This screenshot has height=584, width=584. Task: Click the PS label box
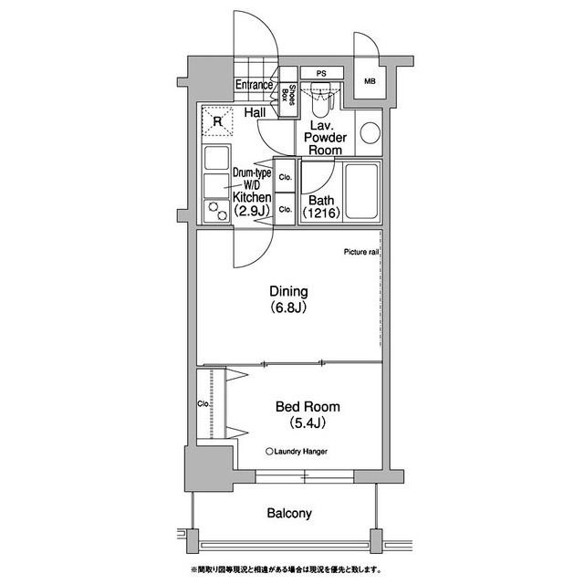[322, 73]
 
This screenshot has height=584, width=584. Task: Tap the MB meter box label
[370, 81]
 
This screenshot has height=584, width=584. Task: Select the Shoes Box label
[288, 95]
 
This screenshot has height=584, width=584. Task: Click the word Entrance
[254, 85]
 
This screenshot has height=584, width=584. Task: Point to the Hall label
[255, 112]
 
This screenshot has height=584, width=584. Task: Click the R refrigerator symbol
[217, 121]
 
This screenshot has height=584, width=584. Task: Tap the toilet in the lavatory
[320, 100]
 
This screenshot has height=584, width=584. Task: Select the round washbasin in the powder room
[370, 132]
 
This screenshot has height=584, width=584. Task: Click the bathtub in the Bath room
[361, 192]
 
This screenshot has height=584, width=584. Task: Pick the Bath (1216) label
[321, 206]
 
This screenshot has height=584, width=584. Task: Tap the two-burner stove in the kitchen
[217, 212]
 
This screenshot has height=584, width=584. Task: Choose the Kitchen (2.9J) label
[252, 204]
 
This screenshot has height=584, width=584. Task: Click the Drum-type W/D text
[252, 179]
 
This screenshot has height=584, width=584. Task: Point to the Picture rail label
[361, 252]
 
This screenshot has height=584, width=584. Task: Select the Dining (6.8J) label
[288, 299]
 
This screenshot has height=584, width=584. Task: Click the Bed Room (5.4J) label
[308, 414]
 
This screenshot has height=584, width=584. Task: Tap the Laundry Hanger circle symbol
[269, 452]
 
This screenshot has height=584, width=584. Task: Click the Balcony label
[289, 513]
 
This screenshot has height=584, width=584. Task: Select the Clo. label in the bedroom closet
[203, 403]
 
